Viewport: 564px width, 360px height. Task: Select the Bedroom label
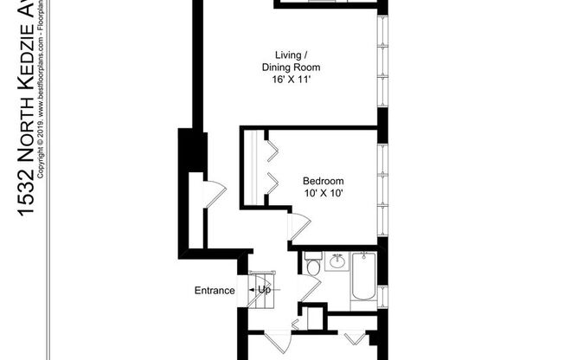click(x=323, y=181)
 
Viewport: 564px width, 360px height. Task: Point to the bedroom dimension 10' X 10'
click(x=323, y=193)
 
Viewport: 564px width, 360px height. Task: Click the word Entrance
click(x=213, y=290)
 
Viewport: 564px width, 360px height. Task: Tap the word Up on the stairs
click(x=264, y=290)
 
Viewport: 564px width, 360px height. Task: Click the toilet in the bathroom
click(x=313, y=265)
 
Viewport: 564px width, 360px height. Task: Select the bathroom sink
click(x=336, y=261)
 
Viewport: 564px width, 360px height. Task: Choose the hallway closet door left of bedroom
click(x=214, y=194)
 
